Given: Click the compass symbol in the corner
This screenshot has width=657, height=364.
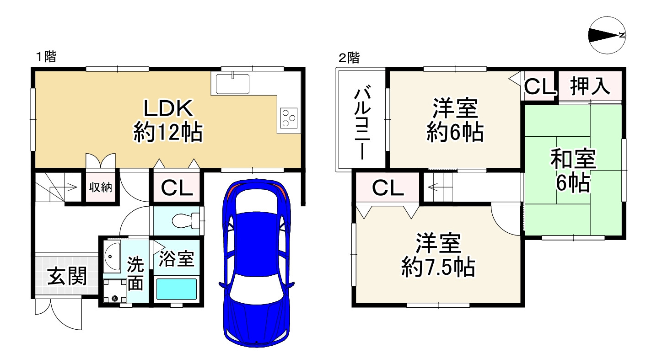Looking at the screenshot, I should [607, 36].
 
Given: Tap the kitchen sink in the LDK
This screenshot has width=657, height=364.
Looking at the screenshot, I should [232, 83].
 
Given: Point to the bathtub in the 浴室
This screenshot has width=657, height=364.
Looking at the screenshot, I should [176, 289].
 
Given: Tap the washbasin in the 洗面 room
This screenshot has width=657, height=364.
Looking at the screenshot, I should [111, 257].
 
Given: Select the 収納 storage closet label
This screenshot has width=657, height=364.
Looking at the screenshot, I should [100, 187].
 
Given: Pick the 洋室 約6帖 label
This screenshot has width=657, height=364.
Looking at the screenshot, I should [455, 121].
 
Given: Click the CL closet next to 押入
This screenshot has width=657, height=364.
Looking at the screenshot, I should [539, 86].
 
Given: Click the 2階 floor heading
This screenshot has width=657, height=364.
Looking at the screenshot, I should [349, 58].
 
